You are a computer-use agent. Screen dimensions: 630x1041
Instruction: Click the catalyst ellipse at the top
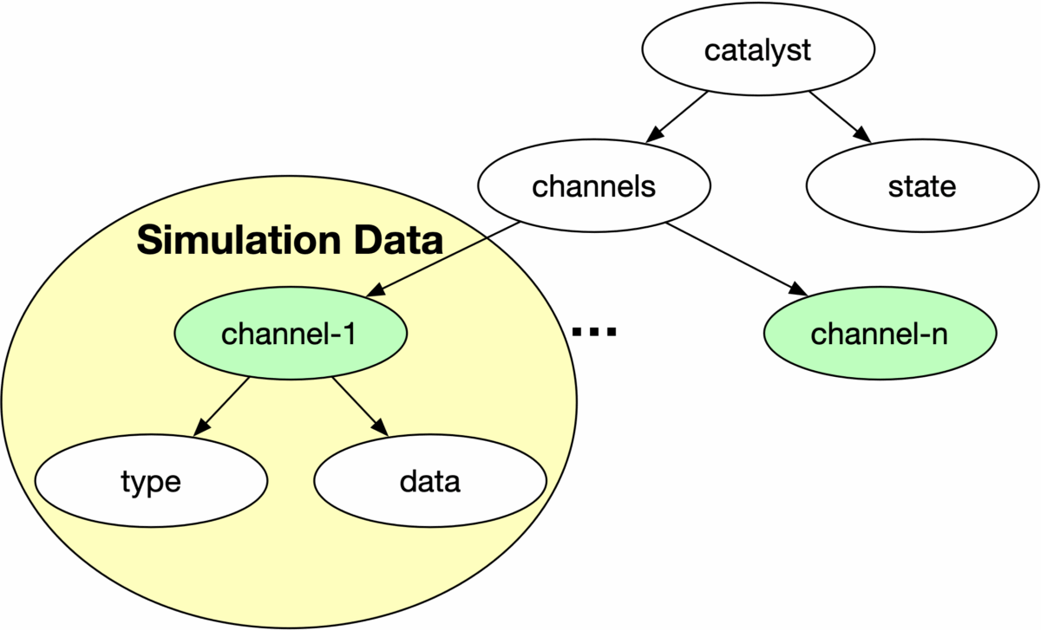(x=757, y=50)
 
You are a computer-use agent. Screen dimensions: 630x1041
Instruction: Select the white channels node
(x=594, y=186)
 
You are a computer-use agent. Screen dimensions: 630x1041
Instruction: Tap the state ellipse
(x=922, y=186)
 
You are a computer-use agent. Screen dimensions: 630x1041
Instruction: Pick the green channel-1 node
(x=290, y=334)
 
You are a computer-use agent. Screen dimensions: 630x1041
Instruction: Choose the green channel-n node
(x=879, y=334)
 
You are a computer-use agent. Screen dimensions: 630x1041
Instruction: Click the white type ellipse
(x=151, y=482)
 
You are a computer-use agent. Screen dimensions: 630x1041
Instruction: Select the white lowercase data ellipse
(x=429, y=482)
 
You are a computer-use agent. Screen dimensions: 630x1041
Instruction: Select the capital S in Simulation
(x=149, y=241)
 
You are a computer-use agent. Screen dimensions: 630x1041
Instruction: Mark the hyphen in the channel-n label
(x=921, y=336)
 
